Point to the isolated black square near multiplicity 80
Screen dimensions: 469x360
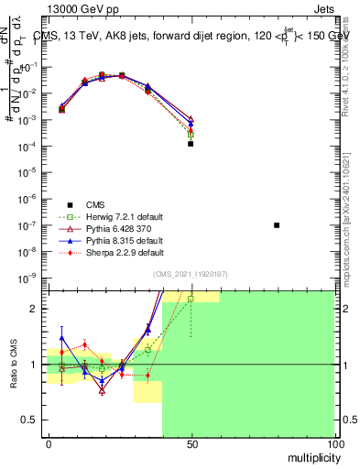click(277, 224)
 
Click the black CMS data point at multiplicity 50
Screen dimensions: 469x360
click(191, 144)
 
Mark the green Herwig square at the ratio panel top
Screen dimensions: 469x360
click(191, 299)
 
